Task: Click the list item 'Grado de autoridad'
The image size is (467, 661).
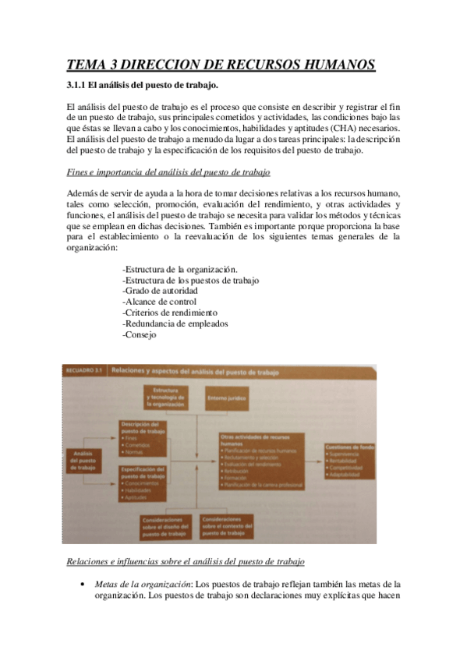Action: [165, 291]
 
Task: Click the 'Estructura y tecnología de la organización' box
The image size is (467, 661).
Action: [164, 398]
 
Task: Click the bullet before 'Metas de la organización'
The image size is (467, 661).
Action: [82, 585]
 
